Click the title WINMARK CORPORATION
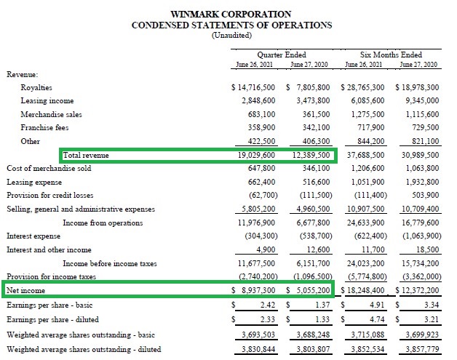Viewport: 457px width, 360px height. (x=231, y=14)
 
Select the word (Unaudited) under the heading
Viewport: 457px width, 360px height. (x=231, y=35)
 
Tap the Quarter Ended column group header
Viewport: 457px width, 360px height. (x=282, y=55)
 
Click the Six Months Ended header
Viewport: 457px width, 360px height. (x=391, y=55)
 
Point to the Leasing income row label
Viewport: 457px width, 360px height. (x=47, y=100)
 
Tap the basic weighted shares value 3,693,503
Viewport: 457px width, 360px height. (x=256, y=334)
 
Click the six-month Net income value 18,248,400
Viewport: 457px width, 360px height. (x=364, y=290)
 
